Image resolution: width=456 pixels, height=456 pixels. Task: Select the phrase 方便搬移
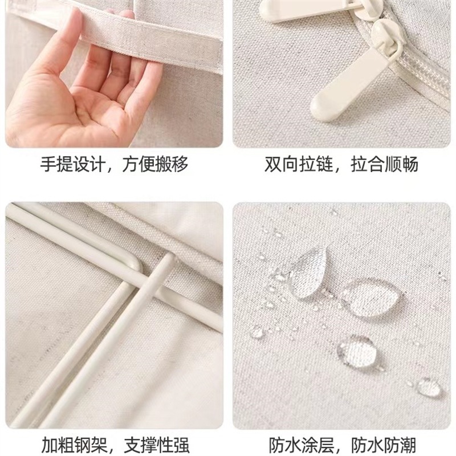tap(156, 165)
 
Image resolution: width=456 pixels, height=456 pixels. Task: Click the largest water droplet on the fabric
tap(370, 296)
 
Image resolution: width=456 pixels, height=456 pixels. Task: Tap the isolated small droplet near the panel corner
tap(429, 388)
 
